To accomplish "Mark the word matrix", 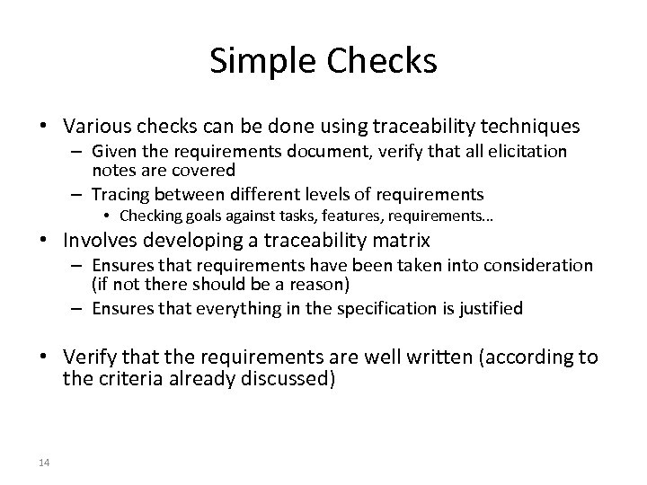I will pyautogui.click(x=403, y=240).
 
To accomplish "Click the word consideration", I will pyautogui.click(x=541, y=266).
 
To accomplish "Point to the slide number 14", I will pyautogui.click(x=44, y=463).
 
